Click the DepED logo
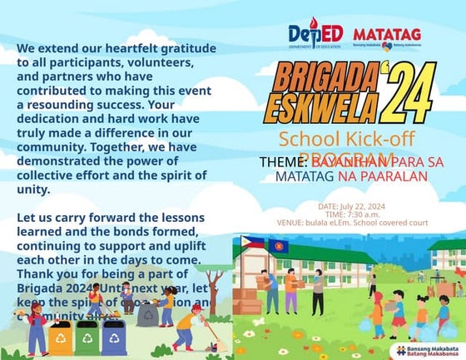(x=315, y=35)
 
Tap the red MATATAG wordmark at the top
(x=386, y=35)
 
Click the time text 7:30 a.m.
(x=359, y=215)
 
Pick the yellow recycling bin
(x=60, y=338)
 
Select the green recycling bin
(x=87, y=338)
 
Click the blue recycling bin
(x=114, y=338)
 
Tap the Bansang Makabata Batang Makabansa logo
(x=429, y=350)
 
